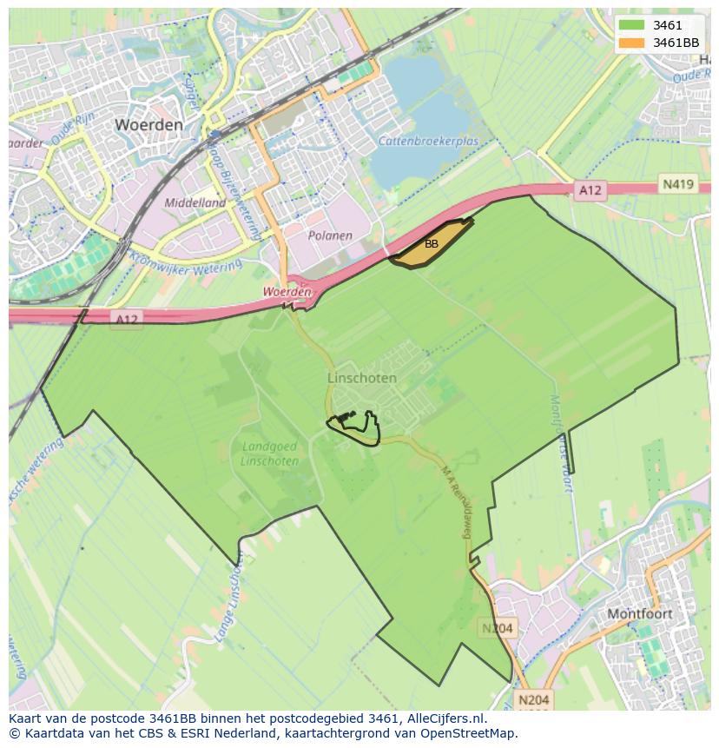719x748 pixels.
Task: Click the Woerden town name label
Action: coord(148,124)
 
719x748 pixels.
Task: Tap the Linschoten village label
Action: coord(362,378)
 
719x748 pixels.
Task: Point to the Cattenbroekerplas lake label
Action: coord(428,141)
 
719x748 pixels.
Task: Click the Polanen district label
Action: coord(330,235)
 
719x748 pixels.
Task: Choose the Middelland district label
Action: coord(195,202)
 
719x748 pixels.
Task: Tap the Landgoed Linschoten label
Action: coord(269,453)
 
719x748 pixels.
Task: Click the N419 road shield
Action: coord(677,184)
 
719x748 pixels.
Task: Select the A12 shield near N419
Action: coord(590,189)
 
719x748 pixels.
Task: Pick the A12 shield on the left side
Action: coord(127,320)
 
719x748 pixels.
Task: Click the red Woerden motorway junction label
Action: coord(287,293)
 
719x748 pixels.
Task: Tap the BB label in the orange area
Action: coord(432,244)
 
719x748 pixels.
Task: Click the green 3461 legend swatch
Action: coord(631,25)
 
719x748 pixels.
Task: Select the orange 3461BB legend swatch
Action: coord(631,43)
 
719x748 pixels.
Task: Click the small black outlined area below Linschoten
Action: coord(356,426)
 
